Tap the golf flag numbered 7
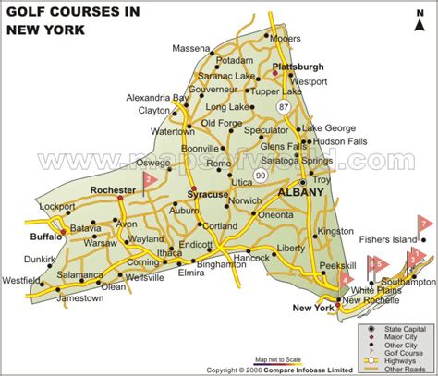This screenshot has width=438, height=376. (425, 224)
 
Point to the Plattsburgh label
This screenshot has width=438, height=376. (299, 67)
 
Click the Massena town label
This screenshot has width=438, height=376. (191, 46)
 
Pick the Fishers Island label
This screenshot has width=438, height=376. (387, 238)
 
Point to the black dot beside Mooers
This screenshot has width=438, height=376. (268, 37)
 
